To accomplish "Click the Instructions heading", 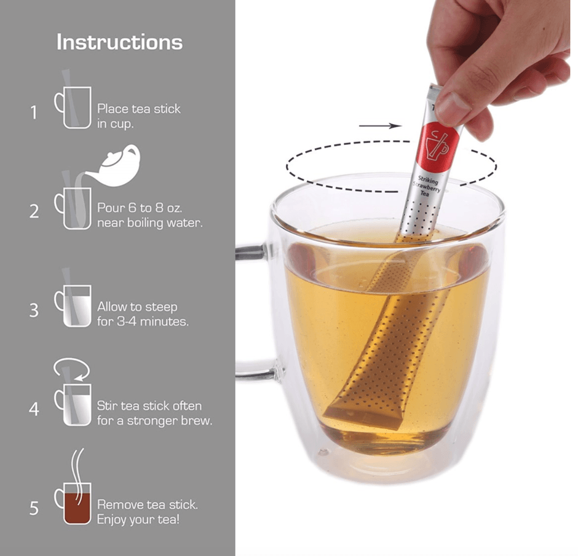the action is coord(119,42).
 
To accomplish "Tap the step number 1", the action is coord(34,112).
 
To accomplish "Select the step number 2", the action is coord(34,211).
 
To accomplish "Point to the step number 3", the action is coord(34,310).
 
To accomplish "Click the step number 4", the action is coord(34,409).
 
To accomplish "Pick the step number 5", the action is coord(34,508).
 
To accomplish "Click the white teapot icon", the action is coord(114,166).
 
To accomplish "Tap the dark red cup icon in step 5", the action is coord(73,503).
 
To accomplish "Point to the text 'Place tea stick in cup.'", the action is coord(138,116).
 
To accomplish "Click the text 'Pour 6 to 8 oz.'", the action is coord(140,208).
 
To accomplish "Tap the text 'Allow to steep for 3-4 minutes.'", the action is coord(143,314).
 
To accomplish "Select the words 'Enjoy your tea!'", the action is coord(138,520).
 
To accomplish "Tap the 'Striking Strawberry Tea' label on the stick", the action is coord(427,186).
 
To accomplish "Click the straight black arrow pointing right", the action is coord(380,126).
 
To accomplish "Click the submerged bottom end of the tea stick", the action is coord(362,417).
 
